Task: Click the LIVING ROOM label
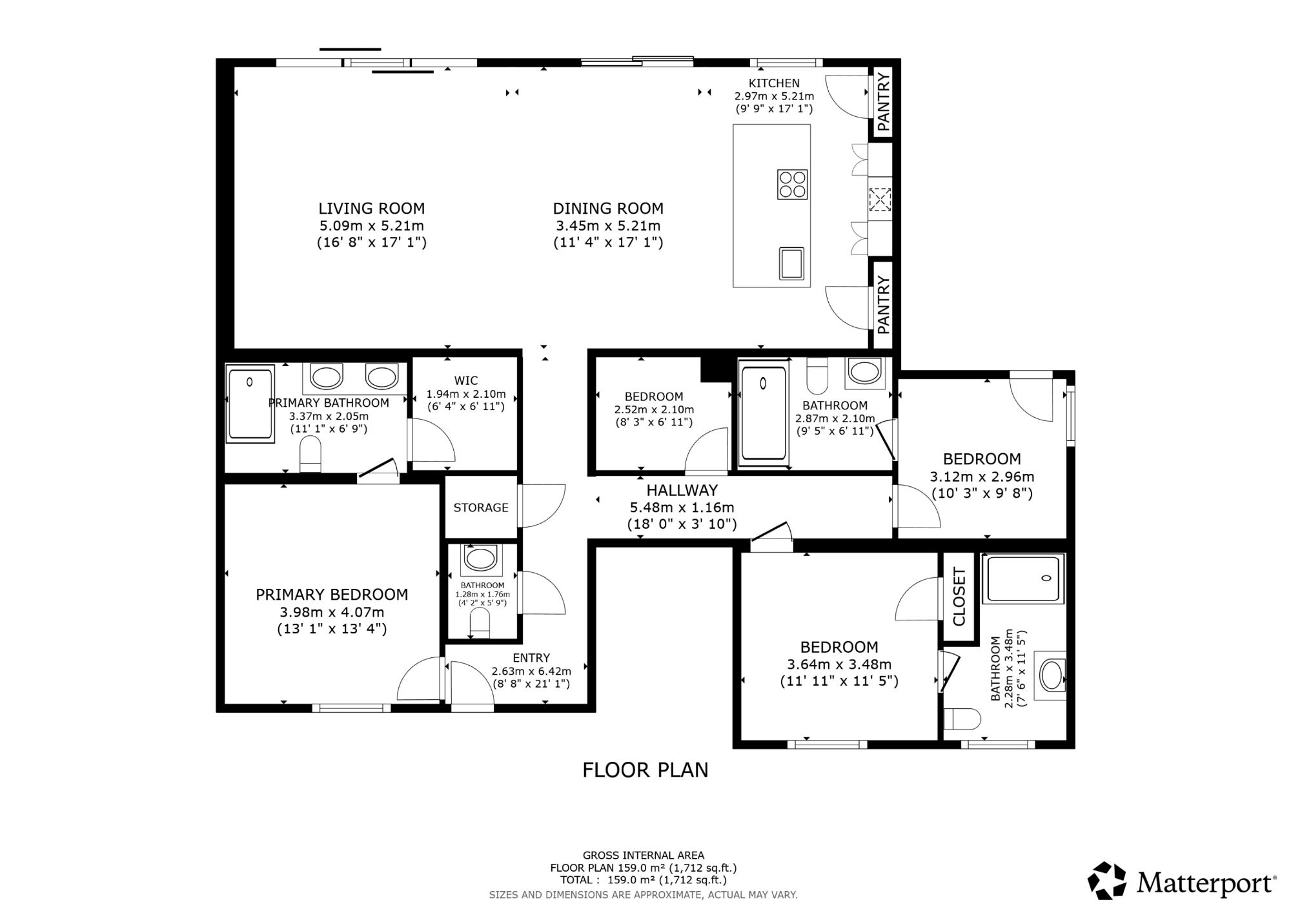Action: [x=371, y=209]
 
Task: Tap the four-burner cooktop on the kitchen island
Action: [x=792, y=184]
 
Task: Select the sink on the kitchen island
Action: [x=791, y=263]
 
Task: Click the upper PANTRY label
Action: [x=883, y=102]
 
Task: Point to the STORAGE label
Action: [x=481, y=508]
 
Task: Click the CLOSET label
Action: [x=959, y=597]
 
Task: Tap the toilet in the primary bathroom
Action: [x=310, y=454]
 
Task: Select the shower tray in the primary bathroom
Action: [x=250, y=404]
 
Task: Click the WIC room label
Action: [x=465, y=381]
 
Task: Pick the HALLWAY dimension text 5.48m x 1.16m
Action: [x=682, y=508]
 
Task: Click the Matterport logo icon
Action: [x=1106, y=881]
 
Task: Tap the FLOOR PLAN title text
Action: [x=645, y=770]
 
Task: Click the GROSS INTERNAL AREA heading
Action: [x=643, y=856]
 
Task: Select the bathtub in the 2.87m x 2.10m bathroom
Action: [x=764, y=413]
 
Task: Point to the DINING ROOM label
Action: [x=608, y=209]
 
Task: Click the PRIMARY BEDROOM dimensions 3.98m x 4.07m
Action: [x=332, y=612]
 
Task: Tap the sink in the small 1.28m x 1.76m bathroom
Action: [x=480, y=559]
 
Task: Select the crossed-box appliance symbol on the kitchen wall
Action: [x=879, y=200]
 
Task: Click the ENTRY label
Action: [x=531, y=658]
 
